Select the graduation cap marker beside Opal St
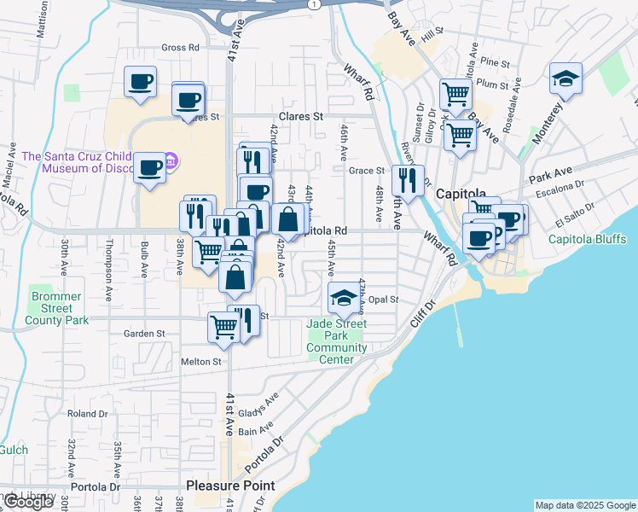tap(344, 298)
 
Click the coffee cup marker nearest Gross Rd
tap(141, 83)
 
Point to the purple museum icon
tap(171, 160)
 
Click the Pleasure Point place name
tap(230, 486)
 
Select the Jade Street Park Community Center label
tap(337, 341)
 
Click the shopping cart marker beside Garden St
tap(223, 328)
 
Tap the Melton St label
tap(201, 362)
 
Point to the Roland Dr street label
tap(88, 414)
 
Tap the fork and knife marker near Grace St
tap(408, 180)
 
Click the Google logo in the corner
tap(29, 502)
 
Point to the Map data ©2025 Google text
tap(585, 505)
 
